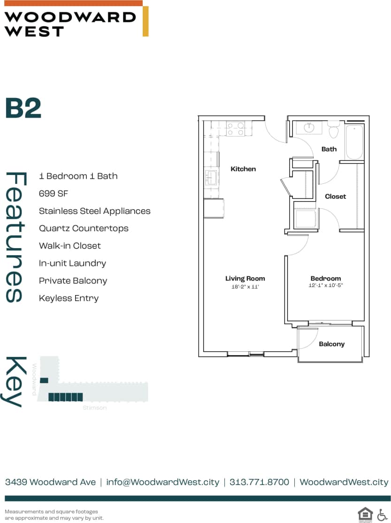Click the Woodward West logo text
point(69,24)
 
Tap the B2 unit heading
point(23,108)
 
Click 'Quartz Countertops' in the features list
point(84,228)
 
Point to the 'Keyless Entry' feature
point(69,298)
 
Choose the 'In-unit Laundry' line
point(72,263)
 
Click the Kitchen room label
point(243,169)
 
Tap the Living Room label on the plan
point(245,279)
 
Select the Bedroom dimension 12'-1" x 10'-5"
point(326,286)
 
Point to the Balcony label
point(331,344)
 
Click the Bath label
point(329,149)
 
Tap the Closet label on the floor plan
point(335,197)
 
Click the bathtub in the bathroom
point(354,142)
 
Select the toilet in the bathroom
point(334,130)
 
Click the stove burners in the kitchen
point(235,129)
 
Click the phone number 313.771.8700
point(260,482)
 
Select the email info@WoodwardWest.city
point(163,482)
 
